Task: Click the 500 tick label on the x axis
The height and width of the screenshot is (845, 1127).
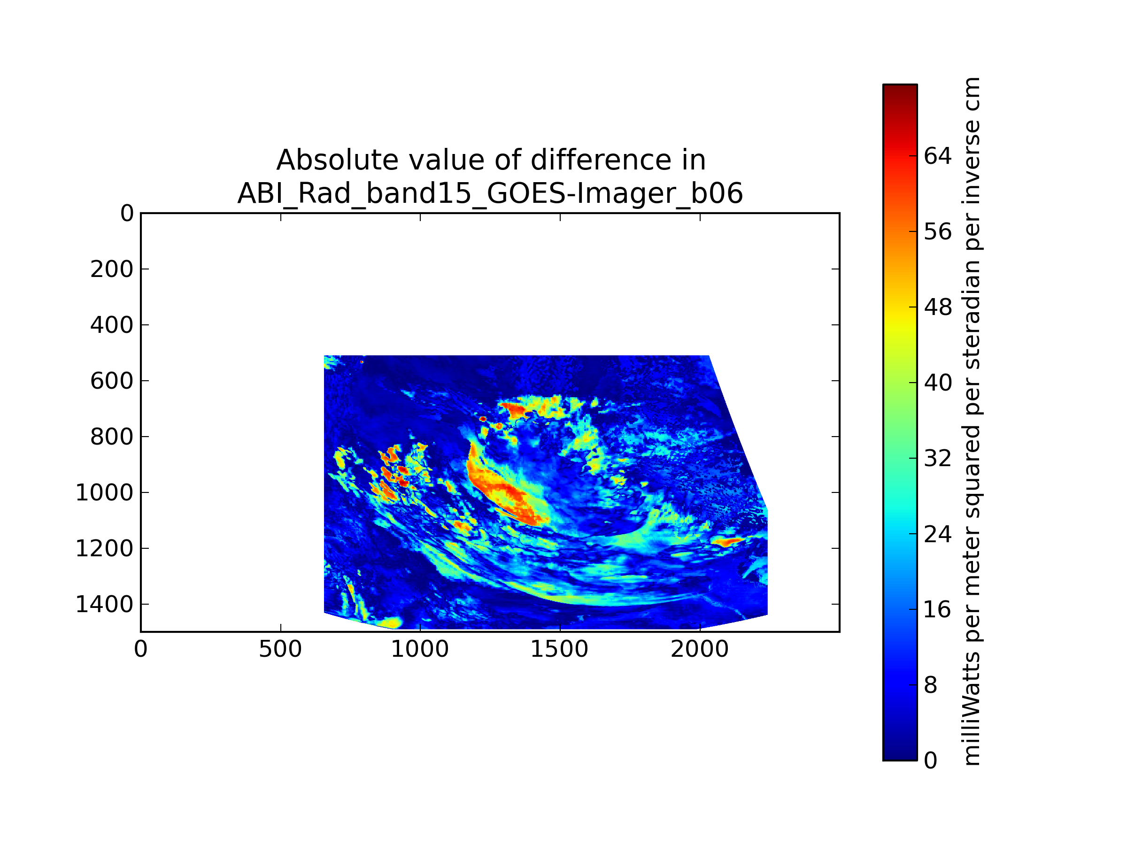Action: click(280, 649)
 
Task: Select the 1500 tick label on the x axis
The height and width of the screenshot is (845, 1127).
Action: click(559, 649)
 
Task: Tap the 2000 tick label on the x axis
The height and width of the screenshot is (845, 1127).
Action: click(700, 649)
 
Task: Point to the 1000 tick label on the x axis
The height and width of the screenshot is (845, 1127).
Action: click(420, 649)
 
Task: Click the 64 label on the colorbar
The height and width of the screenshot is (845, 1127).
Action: click(937, 156)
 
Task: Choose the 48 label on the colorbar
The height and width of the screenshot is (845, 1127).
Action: click(937, 307)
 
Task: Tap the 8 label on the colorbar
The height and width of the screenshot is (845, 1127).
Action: click(931, 685)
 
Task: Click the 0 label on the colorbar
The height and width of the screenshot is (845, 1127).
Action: click(931, 760)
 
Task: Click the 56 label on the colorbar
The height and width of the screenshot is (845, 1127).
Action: click(937, 232)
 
